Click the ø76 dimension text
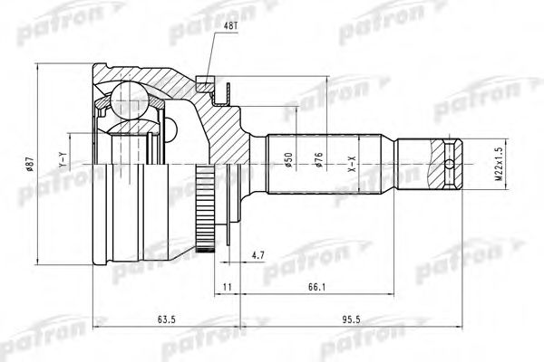319,160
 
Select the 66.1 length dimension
316,288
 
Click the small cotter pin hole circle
451,164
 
